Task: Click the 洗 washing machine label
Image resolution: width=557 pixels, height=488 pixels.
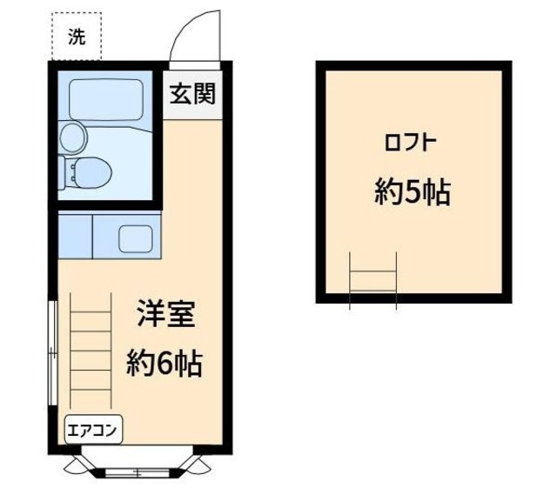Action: click(x=77, y=38)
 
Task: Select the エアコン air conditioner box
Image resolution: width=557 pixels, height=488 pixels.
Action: click(x=94, y=428)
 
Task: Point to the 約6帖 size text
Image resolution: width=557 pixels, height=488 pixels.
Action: click(x=164, y=362)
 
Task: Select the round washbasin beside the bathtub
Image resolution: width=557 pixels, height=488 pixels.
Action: click(x=73, y=137)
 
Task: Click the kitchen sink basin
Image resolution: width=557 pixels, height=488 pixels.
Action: click(x=133, y=237)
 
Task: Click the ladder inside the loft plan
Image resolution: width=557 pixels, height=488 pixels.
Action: click(x=372, y=279)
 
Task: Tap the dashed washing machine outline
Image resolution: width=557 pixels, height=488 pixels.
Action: click(x=77, y=37)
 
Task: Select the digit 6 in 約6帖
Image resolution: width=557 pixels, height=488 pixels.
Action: click(x=164, y=363)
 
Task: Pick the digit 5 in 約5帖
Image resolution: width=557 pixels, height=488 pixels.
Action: click(x=413, y=192)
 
